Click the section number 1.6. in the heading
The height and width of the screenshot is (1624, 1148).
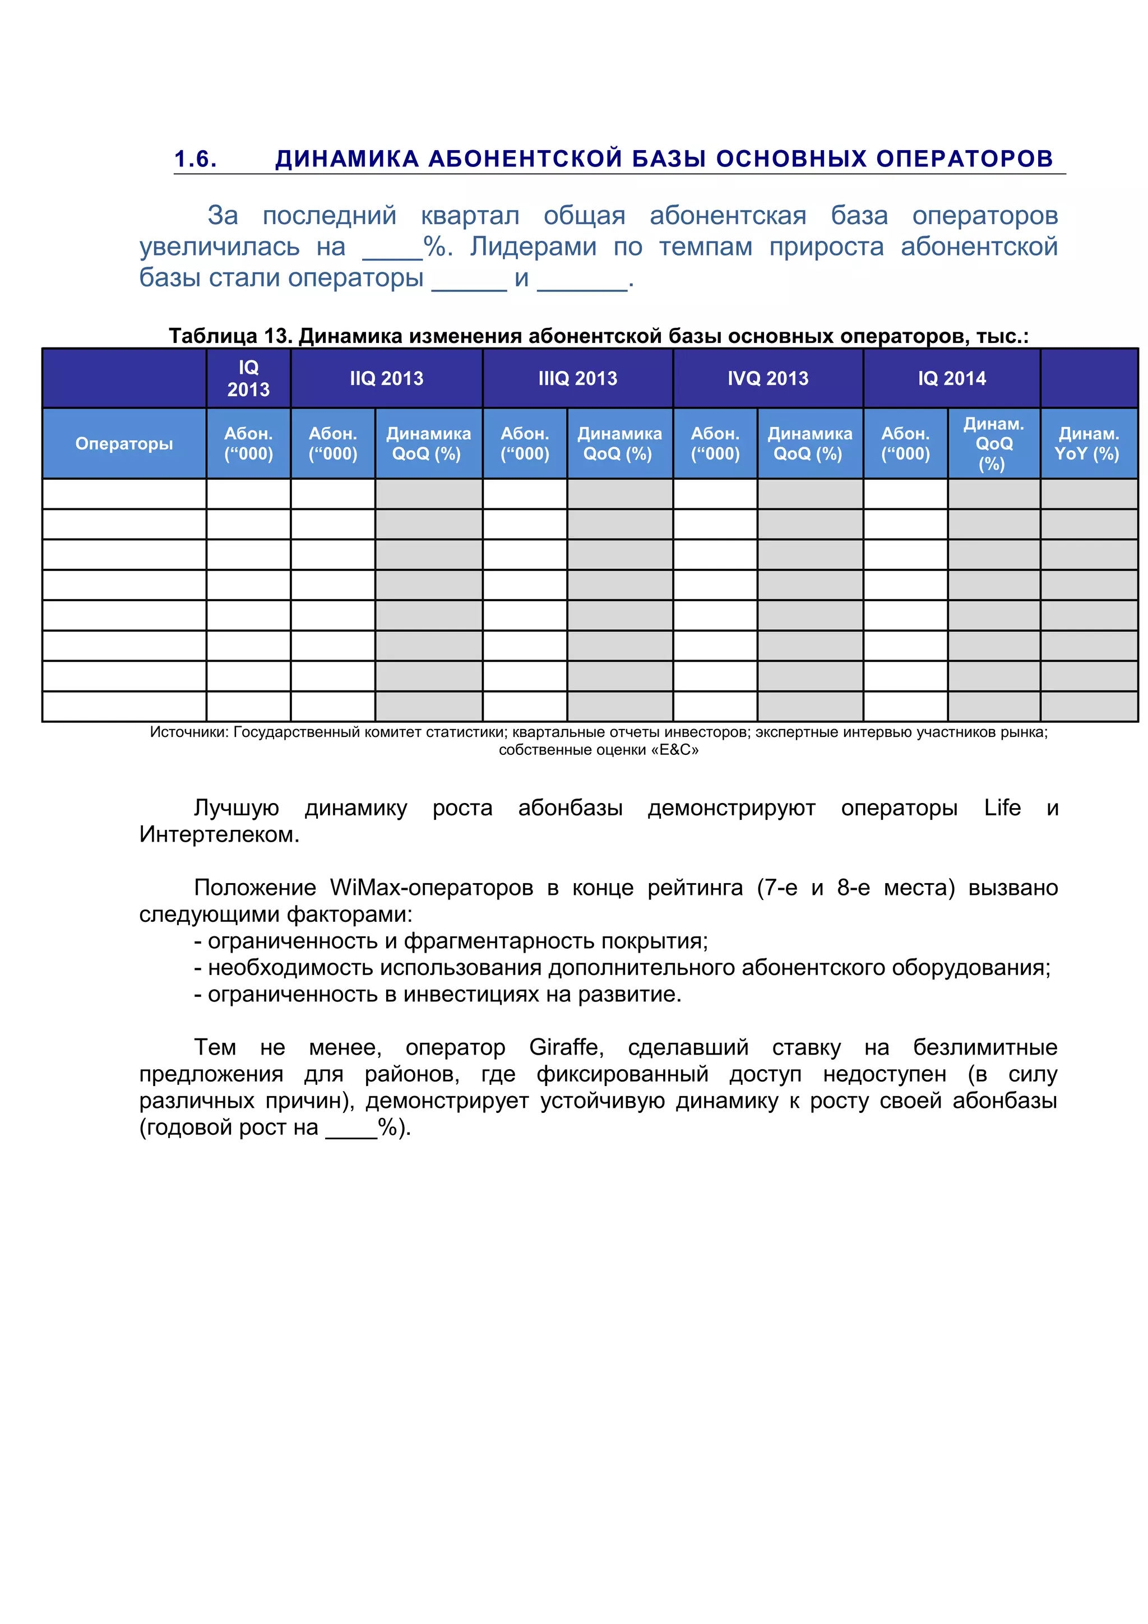pos(195,159)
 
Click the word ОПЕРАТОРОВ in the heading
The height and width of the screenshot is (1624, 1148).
pos(964,159)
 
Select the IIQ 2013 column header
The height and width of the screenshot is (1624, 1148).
pos(386,378)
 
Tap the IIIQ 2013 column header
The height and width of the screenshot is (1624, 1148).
pos(577,378)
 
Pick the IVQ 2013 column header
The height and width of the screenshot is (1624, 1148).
pos(767,378)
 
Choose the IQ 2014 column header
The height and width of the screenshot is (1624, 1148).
pos(951,378)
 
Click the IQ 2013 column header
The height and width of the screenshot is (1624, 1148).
pos(248,378)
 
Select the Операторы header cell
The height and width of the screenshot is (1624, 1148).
pos(124,443)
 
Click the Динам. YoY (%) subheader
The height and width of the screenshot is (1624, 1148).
pos(1088,443)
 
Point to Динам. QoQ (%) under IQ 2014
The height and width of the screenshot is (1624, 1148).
pos(993,443)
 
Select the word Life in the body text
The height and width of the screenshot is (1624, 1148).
pos(1002,808)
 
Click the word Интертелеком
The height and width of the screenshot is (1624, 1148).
pos(219,834)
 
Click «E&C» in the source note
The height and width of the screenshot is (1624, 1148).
pos(678,750)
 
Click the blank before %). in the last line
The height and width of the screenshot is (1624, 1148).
pos(351,1127)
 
